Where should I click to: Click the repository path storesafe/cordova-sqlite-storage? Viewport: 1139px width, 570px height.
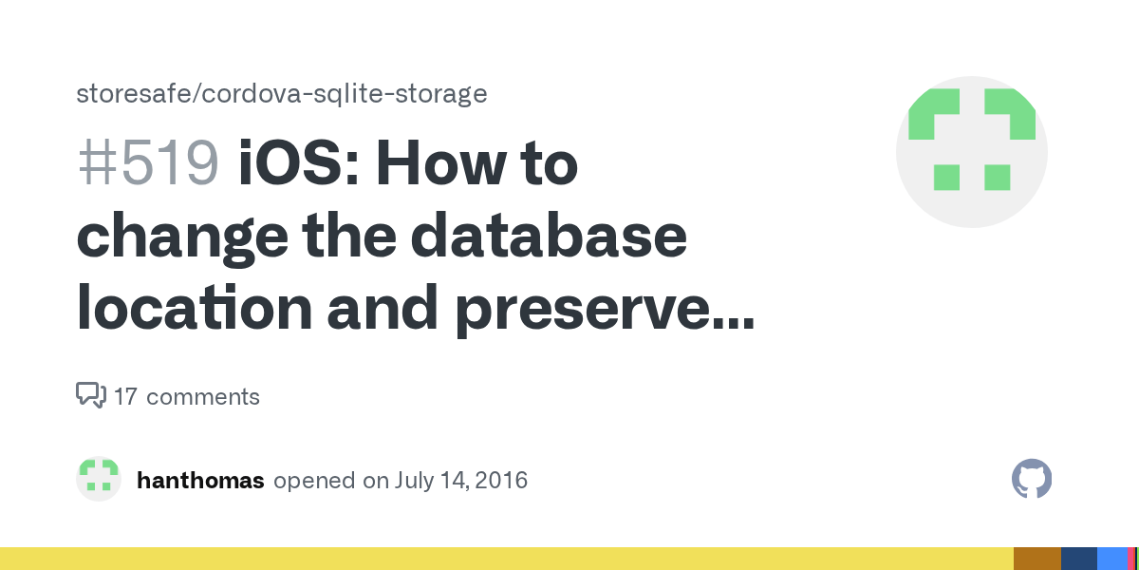click(x=281, y=94)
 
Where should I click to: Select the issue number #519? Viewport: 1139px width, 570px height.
click(x=147, y=163)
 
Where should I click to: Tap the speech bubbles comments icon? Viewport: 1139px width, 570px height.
click(x=90, y=395)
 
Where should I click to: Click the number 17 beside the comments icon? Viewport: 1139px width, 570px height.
click(x=125, y=396)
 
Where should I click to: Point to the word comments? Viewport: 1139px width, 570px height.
click(x=202, y=396)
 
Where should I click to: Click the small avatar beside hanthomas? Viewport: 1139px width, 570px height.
click(x=99, y=480)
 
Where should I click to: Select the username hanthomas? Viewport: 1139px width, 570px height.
click(x=200, y=481)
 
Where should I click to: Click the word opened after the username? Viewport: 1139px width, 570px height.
click(x=314, y=481)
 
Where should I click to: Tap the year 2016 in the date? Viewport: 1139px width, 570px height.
click(x=500, y=481)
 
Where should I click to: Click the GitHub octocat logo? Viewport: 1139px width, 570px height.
click(x=1032, y=480)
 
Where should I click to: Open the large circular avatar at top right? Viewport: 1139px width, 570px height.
click(x=971, y=152)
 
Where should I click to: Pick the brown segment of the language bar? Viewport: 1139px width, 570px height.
click(x=1036, y=559)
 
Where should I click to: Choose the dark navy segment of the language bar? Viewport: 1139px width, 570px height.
click(x=1078, y=559)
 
